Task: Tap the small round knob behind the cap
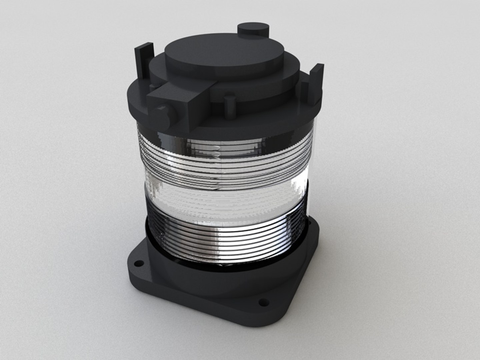point(253,30)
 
